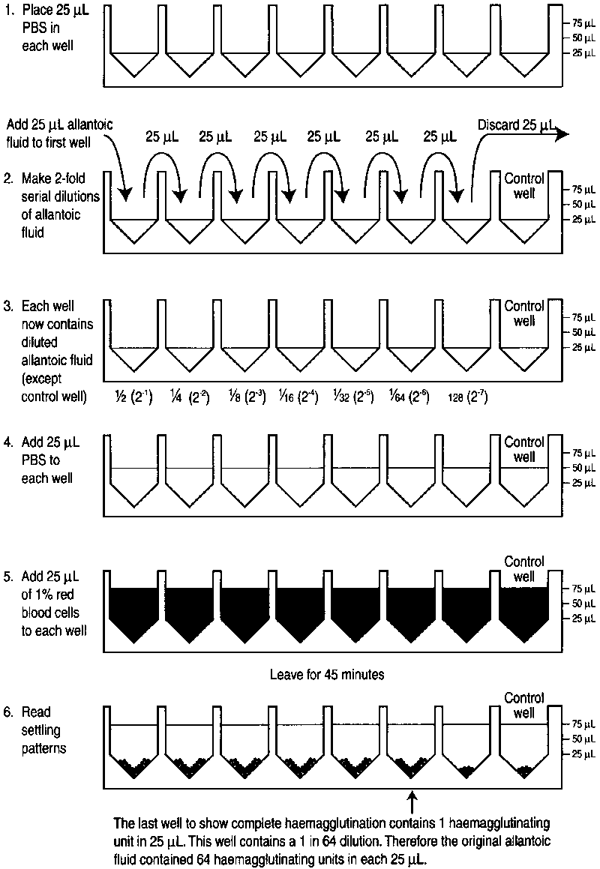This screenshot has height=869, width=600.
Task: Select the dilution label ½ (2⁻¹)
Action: pyautogui.click(x=131, y=397)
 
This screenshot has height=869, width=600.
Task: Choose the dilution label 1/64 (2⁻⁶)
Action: pyautogui.click(x=409, y=397)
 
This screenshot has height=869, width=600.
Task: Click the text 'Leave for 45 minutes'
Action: pyautogui.click(x=326, y=674)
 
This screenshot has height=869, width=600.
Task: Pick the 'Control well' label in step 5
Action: pyautogui.click(x=524, y=569)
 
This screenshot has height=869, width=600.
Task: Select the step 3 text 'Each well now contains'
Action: pyautogui.click(x=57, y=315)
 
